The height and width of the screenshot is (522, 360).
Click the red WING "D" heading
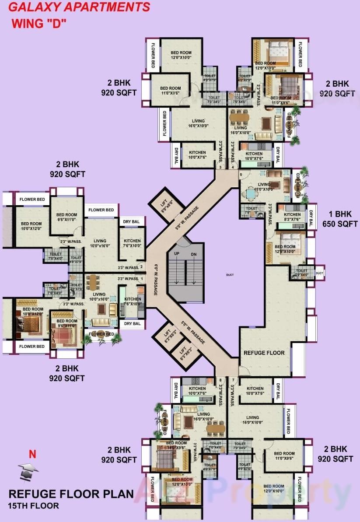[x=38, y=24]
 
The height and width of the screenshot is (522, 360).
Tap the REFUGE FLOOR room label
[x=264, y=353]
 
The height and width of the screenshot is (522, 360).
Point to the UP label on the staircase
[x=176, y=254]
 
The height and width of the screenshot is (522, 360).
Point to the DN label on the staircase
[x=194, y=254]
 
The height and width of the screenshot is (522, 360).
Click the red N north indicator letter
[x=32, y=454]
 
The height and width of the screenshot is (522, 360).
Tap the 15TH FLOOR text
[x=33, y=506]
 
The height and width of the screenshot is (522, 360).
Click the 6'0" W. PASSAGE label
[x=155, y=280]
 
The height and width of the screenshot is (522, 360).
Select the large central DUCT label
[x=230, y=275]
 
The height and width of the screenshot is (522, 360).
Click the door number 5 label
[x=241, y=175]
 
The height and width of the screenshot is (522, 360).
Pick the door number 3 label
[x=220, y=167]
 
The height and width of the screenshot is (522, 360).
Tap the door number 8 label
[x=220, y=380]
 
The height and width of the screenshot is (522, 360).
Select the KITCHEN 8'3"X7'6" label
[x=292, y=217]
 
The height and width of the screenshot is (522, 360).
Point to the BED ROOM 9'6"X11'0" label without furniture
[x=66, y=217]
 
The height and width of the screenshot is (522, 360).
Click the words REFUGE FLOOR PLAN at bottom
[x=71, y=494]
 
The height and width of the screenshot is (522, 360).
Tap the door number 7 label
[x=233, y=380]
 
